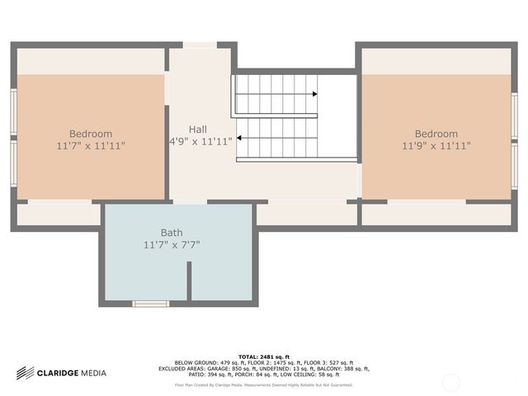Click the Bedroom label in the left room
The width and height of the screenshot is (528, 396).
[x=91, y=134]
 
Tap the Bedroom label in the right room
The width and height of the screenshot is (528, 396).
[x=436, y=134]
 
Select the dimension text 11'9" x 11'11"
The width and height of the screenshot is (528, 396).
[x=436, y=146]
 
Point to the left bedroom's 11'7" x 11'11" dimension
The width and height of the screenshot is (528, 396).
[x=91, y=146]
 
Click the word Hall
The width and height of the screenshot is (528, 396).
[x=198, y=130]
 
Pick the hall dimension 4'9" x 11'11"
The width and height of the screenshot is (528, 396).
[x=200, y=141]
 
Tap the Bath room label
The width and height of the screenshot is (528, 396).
[x=172, y=233]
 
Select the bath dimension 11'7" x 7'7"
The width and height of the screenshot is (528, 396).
[x=172, y=244]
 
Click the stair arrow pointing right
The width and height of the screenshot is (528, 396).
[x=315, y=93]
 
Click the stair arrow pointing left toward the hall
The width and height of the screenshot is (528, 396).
[x=239, y=138]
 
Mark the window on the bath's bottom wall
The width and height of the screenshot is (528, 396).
[x=151, y=304]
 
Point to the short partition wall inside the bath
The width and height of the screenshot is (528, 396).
[x=189, y=281]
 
